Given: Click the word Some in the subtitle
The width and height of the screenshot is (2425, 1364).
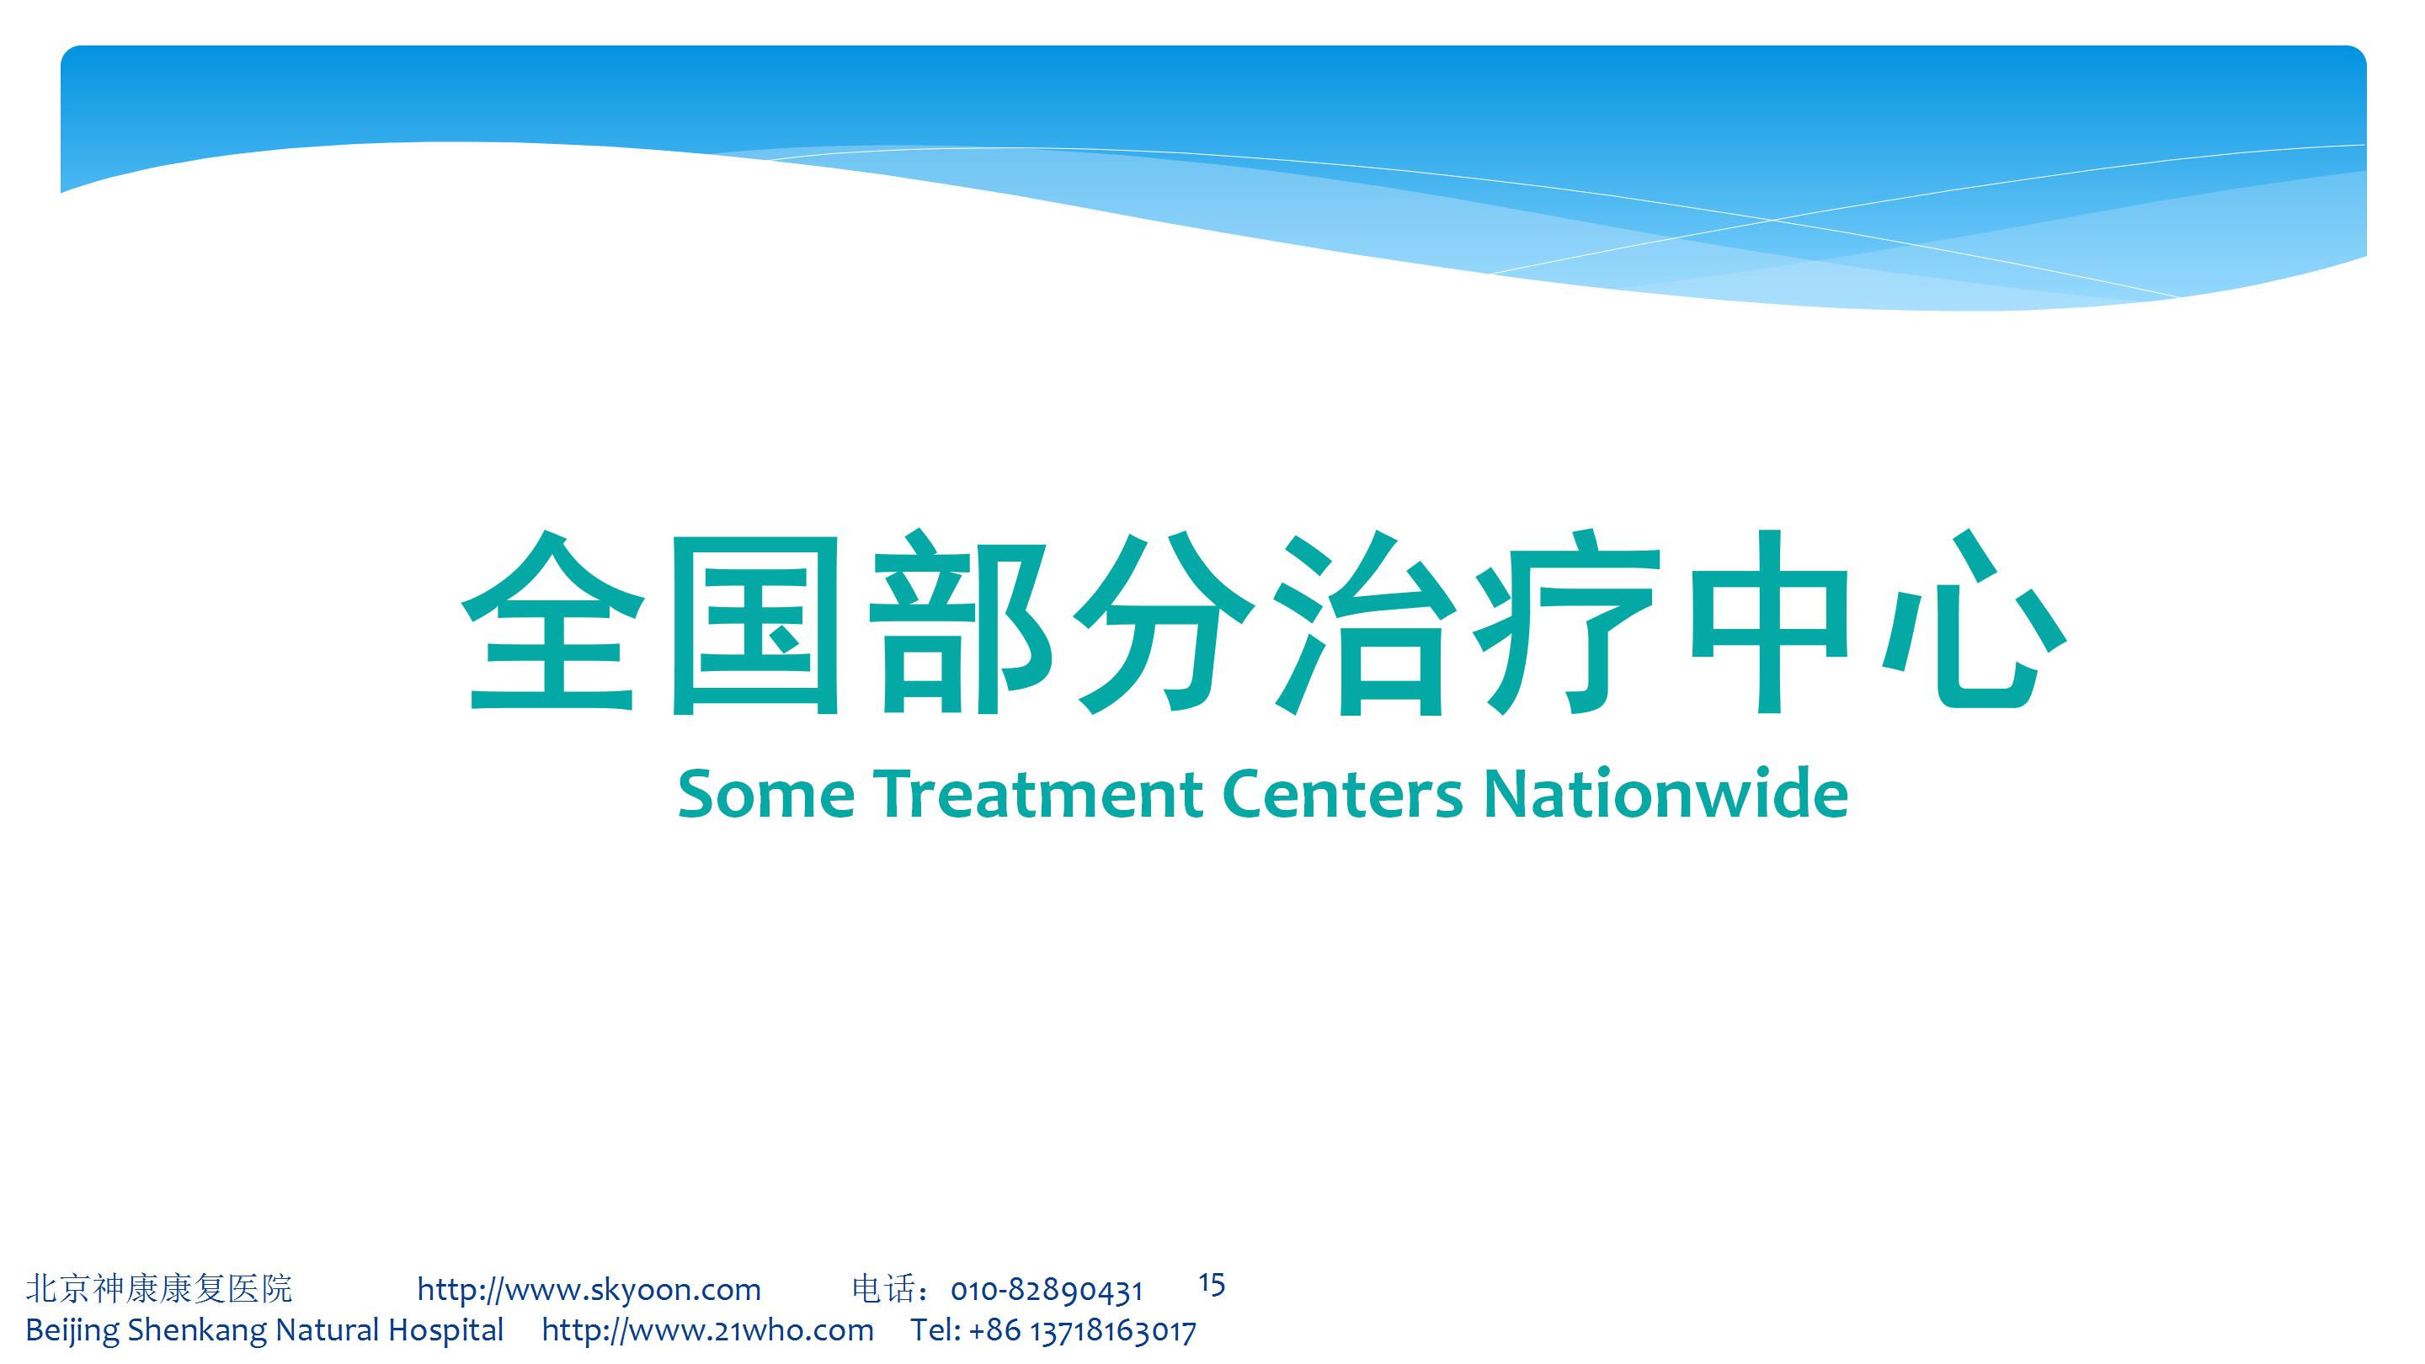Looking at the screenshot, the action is [766, 793].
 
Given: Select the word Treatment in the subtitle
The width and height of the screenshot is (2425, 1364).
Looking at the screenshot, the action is [1038, 793].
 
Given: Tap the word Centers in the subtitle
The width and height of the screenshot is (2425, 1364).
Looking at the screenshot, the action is [1342, 793].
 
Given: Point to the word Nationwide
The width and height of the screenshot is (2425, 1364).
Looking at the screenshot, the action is [1666, 793].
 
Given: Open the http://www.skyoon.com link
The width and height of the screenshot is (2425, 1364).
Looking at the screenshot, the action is [589, 1290].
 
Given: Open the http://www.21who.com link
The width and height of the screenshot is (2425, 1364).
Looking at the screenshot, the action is [708, 1330].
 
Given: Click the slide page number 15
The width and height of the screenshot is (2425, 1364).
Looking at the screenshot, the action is [1212, 1284].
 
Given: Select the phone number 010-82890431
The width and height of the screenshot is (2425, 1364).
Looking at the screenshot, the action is [1047, 1291].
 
